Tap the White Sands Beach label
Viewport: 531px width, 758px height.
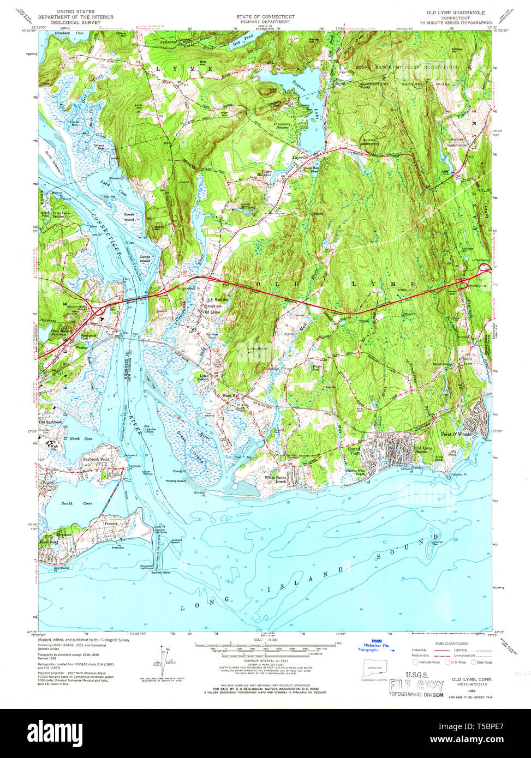(276, 479)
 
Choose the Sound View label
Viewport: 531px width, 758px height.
(354, 451)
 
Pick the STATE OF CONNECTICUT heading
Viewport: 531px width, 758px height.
(265, 17)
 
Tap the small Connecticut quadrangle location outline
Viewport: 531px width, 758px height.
(374, 670)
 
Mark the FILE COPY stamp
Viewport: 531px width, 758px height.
(416, 685)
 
